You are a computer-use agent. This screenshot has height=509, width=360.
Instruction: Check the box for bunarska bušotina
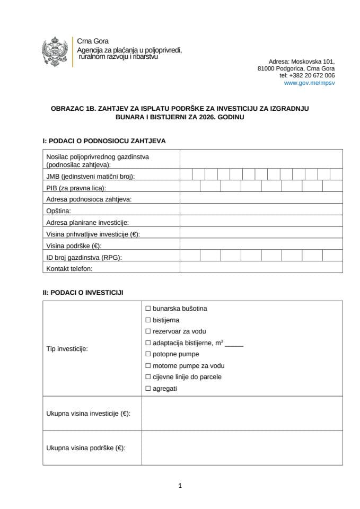(148, 308)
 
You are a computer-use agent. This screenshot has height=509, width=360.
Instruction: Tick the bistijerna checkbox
(148, 320)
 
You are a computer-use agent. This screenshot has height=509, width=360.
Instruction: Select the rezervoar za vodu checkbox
(148, 331)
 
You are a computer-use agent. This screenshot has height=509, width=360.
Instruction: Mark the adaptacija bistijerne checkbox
(148, 343)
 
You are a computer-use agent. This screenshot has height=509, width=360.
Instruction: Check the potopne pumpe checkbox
(148, 354)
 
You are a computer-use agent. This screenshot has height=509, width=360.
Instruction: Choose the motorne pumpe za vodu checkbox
(148, 366)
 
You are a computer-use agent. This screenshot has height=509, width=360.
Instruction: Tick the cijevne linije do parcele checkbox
(148, 377)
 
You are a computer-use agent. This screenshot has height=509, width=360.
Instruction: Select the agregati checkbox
(148, 389)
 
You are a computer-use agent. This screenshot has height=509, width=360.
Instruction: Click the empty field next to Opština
(261, 210)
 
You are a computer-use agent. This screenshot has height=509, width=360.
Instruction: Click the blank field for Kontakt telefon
(261, 268)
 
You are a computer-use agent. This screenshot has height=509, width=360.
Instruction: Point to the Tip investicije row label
(67, 349)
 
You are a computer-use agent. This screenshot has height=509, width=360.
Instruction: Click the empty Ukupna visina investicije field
(242, 414)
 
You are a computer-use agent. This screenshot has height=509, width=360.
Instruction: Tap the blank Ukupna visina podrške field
(242, 447)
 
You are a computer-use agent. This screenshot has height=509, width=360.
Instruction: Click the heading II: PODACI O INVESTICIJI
(84, 292)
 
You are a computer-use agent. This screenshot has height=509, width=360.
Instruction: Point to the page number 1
(180, 485)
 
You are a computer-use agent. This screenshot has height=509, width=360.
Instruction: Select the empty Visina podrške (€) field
(261, 245)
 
